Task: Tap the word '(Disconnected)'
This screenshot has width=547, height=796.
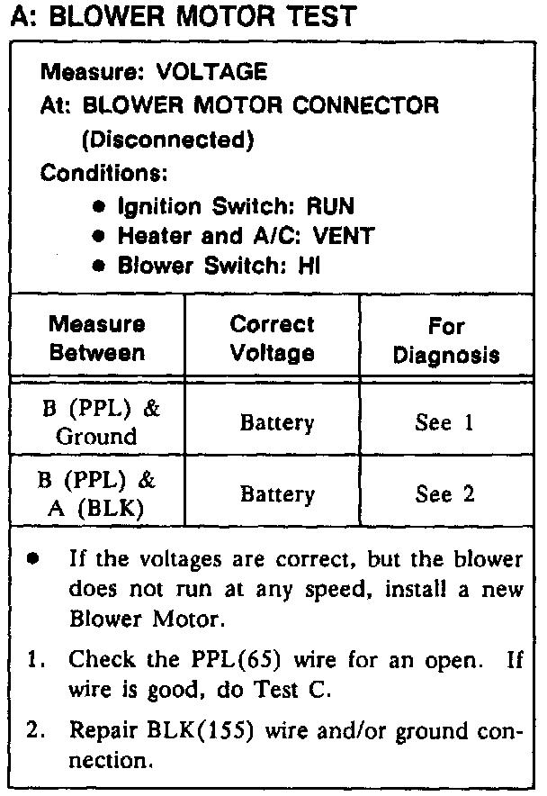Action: coord(167,140)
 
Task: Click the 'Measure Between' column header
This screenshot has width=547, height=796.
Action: coord(96,338)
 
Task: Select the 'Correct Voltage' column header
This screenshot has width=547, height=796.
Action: coord(272,338)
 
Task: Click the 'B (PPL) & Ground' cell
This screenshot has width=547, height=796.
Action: coord(95,422)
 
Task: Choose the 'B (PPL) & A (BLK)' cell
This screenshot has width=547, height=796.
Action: coord(95,493)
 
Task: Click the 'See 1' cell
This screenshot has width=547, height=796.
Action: coord(444,423)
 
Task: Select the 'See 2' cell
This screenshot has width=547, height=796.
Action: coord(444,494)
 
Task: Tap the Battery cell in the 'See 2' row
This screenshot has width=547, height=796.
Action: coord(272,494)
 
